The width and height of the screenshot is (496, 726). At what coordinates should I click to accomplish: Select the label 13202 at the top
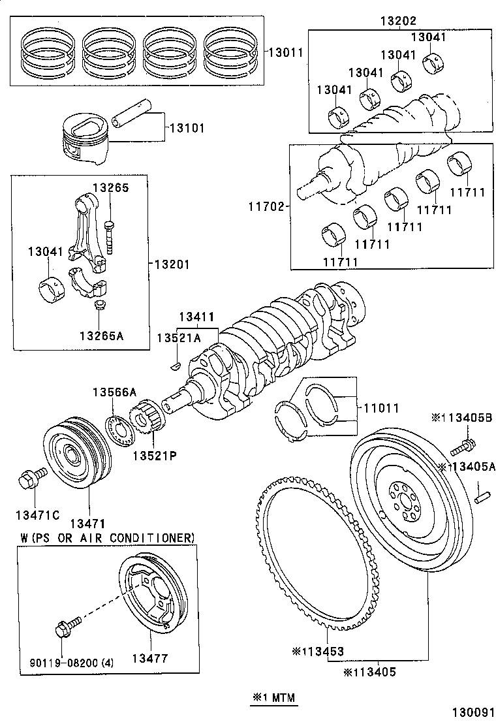(398, 21)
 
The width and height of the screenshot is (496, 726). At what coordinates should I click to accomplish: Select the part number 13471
(87, 524)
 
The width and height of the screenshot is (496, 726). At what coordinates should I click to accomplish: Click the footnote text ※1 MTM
(274, 698)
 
